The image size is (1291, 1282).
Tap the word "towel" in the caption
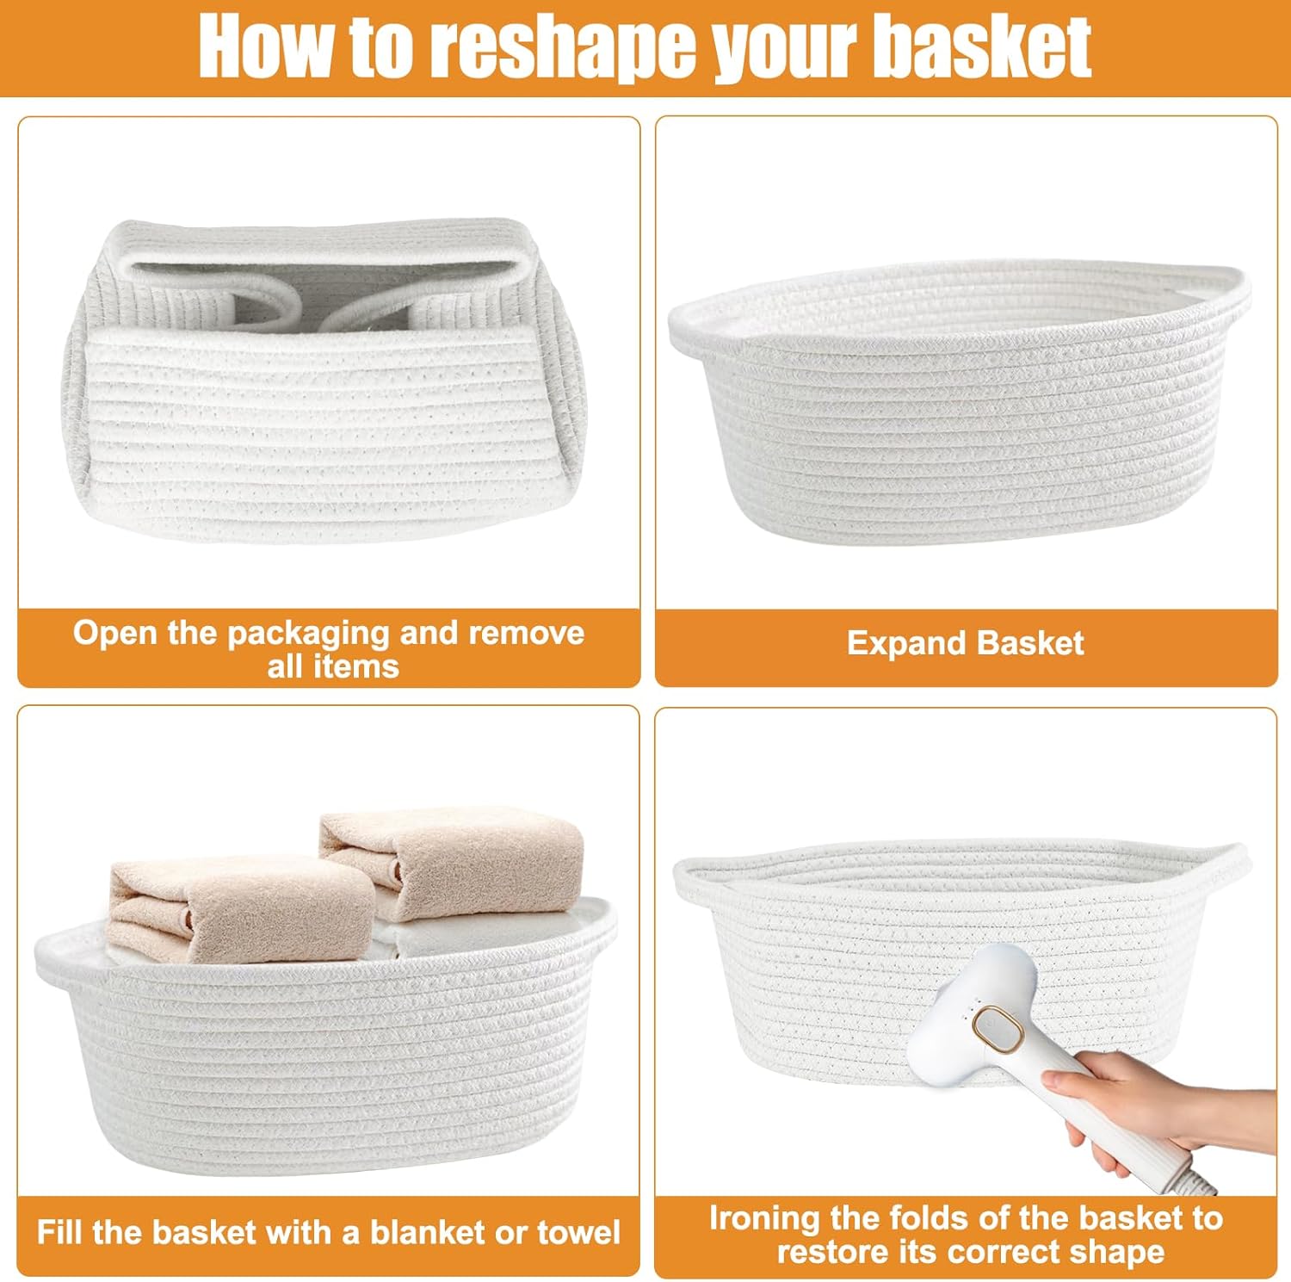click(x=578, y=1232)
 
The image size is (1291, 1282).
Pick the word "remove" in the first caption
click(x=526, y=634)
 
